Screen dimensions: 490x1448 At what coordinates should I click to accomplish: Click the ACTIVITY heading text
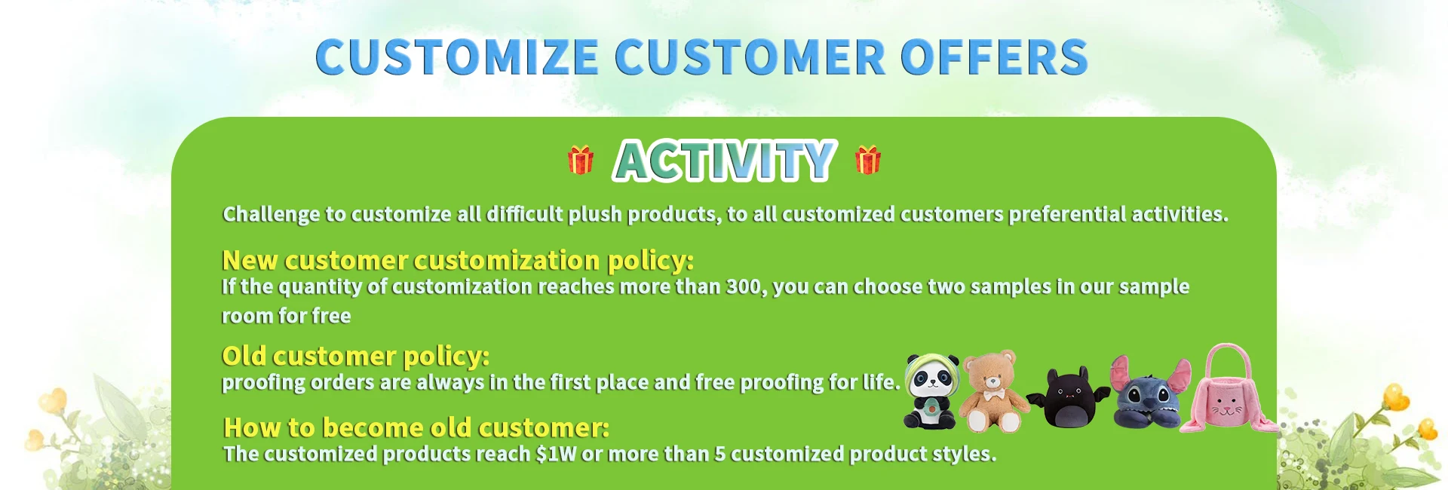724,161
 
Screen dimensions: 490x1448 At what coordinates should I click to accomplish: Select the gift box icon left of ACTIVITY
580,160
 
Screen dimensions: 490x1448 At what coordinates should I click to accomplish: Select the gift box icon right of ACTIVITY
867,160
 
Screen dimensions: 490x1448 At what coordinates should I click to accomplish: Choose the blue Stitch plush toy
1148,395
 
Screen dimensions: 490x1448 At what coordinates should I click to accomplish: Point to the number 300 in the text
743,287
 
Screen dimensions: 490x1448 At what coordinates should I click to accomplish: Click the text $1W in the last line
555,454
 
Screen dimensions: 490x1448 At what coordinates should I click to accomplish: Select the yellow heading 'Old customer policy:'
355,356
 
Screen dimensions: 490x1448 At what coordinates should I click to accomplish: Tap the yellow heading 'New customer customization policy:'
457,260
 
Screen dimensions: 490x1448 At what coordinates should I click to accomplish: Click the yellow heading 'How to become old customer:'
416,427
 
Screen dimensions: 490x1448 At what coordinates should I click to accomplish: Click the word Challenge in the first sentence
271,215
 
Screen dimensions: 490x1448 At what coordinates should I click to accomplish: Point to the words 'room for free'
286,316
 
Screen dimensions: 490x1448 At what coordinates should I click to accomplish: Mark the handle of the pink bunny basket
1226,354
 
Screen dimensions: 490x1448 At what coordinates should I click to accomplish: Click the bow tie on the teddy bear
992,395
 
